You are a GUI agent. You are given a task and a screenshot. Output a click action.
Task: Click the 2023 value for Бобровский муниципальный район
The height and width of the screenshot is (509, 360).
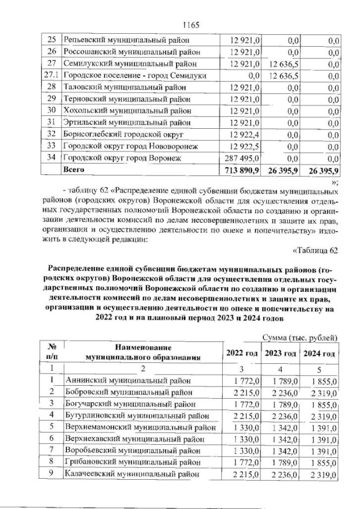(280, 391)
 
